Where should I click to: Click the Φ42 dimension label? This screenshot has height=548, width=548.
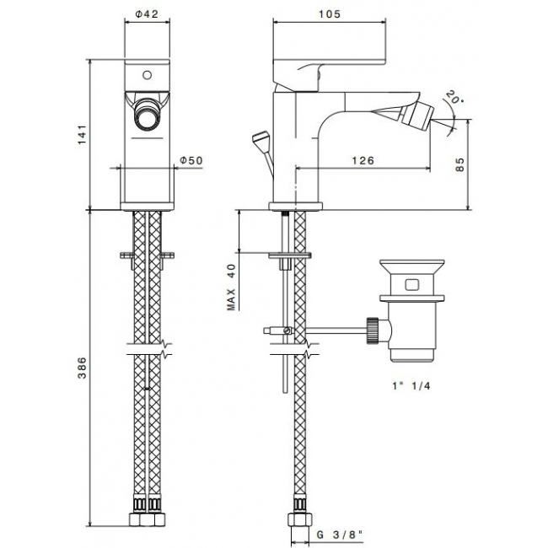point(147,13)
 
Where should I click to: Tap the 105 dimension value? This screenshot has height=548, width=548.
point(329,14)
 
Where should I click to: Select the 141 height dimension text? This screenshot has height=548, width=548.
point(82,135)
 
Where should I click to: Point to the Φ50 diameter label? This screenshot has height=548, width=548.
point(191,160)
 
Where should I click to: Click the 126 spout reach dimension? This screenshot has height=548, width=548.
point(363,160)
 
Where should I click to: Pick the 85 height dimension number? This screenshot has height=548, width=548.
point(460,164)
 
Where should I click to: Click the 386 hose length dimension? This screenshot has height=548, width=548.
point(82,368)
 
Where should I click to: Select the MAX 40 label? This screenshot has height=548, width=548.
point(231,287)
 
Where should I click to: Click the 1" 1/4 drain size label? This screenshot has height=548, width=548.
point(411,386)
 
